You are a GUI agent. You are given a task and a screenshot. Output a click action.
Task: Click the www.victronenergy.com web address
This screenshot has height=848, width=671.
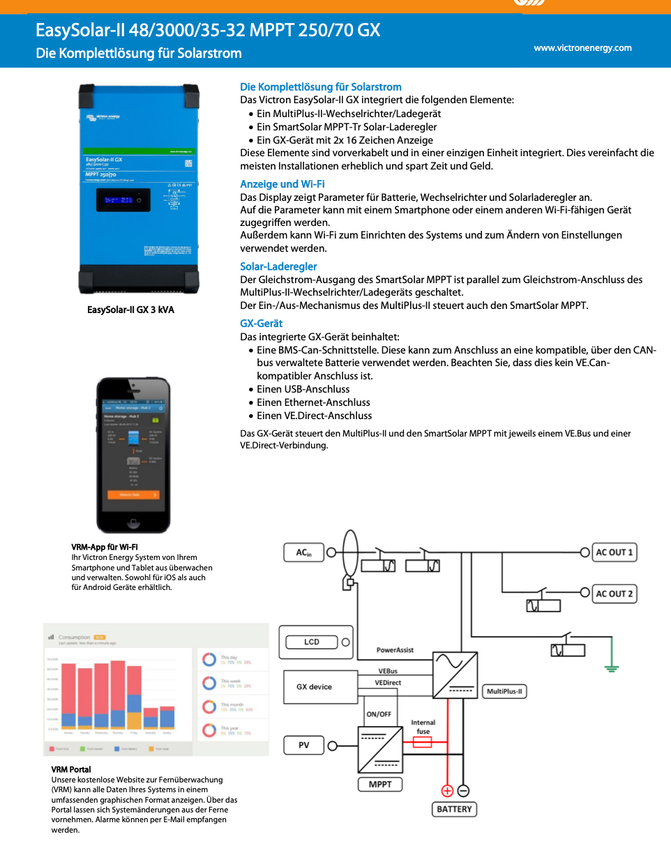(x=582, y=48)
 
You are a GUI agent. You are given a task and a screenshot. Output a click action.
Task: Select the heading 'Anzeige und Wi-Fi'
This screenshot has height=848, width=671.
(x=282, y=184)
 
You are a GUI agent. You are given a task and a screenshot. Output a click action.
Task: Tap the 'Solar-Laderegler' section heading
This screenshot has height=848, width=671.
(x=278, y=266)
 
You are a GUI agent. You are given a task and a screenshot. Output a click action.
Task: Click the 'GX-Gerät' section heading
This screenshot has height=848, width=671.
(x=261, y=324)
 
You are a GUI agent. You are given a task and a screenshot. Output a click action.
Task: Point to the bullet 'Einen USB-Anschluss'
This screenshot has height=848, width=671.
(x=303, y=389)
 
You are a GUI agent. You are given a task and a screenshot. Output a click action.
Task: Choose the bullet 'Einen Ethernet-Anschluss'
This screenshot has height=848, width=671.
(x=313, y=402)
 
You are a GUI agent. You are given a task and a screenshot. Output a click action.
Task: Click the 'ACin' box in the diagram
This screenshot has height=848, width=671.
(x=304, y=553)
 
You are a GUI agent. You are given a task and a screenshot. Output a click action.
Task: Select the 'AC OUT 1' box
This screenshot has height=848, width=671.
(x=614, y=552)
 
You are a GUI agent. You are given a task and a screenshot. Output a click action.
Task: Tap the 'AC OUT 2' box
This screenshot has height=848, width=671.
(x=614, y=594)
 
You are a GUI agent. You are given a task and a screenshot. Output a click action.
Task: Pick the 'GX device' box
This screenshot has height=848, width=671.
(x=314, y=687)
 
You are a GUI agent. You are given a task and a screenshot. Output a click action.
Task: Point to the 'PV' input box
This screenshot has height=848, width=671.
(x=304, y=745)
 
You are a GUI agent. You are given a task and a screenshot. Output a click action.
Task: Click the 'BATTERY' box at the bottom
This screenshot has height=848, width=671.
(x=454, y=810)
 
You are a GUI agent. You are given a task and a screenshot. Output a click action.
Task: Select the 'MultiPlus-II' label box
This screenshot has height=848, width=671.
(x=504, y=692)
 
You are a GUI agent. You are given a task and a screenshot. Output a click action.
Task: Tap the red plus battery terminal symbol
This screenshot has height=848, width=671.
(x=446, y=791)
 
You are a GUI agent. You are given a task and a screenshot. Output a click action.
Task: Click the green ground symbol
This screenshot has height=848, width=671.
(x=612, y=669)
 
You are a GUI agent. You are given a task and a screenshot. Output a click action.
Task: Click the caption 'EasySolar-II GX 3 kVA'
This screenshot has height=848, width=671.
(x=130, y=310)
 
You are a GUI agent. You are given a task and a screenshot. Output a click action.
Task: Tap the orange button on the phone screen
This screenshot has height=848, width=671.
(x=133, y=494)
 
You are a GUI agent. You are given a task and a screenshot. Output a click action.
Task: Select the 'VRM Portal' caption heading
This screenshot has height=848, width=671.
(x=71, y=769)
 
